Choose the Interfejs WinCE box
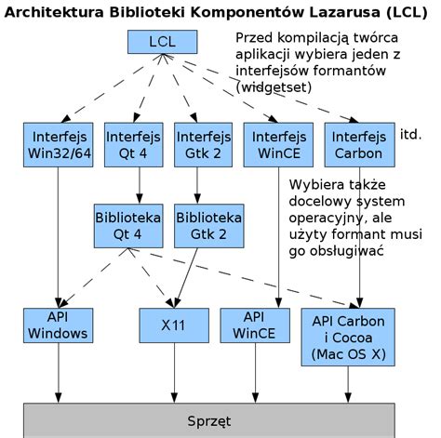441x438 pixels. (276, 144)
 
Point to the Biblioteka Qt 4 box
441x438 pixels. (127, 225)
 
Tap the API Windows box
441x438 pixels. (58, 325)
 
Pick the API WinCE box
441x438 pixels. (254, 325)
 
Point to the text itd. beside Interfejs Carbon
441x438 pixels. (411, 136)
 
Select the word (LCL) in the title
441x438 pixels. (404, 12)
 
